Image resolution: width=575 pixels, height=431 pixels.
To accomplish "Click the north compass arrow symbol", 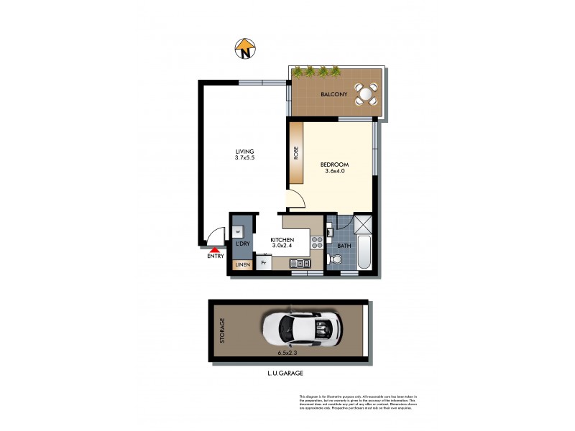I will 246,50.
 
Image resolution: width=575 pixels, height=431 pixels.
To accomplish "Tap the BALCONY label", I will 333,94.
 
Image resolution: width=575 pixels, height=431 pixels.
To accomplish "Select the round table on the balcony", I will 368,93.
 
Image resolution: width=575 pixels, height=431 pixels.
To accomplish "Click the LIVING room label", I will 245,151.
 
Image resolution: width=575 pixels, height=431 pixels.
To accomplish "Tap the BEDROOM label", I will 334,164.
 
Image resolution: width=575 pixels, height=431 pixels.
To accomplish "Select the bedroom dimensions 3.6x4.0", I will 334,172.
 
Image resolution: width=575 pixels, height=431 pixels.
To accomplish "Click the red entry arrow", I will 213,249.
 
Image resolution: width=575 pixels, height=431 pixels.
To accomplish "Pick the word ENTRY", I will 215,256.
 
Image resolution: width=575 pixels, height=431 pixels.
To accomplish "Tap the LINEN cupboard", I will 242,265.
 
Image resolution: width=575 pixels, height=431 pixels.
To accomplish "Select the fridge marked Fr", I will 264,263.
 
